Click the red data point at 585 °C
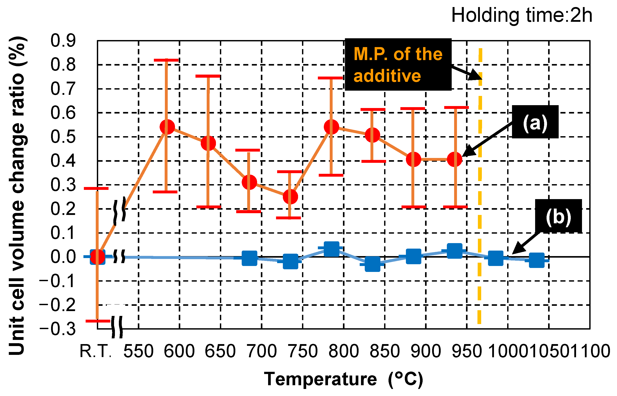[167, 127]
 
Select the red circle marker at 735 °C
[290, 197]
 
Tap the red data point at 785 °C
[332, 127]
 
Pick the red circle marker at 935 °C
[455, 159]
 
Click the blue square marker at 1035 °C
[537, 260]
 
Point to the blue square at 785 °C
[332, 249]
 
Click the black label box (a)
[535, 122]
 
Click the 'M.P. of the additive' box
[398, 64]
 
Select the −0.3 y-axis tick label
[58, 329]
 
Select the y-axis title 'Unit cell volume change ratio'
[17, 195]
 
